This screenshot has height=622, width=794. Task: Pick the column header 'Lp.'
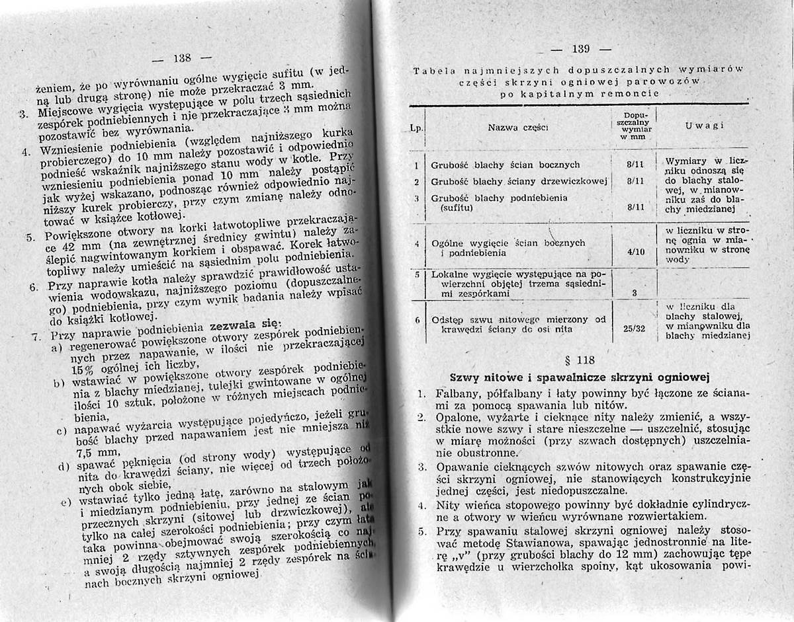tap(417, 124)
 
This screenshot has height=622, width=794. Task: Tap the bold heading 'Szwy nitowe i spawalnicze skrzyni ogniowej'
tap(579, 377)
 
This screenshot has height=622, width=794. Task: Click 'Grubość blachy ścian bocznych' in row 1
tap(506, 165)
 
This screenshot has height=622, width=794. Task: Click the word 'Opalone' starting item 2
tap(457, 418)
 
